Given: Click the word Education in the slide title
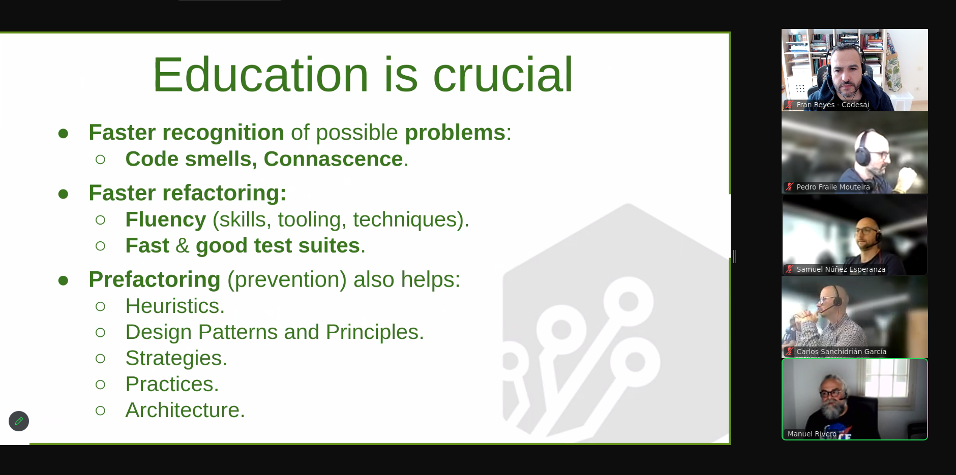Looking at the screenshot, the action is pyautogui.click(x=260, y=75).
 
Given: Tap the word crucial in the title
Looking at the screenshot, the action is pyautogui.click(x=503, y=75).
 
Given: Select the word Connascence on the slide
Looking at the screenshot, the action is pyautogui.click(x=333, y=159).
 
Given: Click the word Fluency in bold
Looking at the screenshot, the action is pyautogui.click(x=166, y=220).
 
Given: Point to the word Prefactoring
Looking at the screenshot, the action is pyautogui.click(x=155, y=279).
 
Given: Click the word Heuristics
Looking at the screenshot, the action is pyautogui.click(x=175, y=306).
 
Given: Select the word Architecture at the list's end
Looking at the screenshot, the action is pyautogui.click(x=185, y=410).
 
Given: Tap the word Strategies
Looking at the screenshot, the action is pyautogui.click(x=176, y=358).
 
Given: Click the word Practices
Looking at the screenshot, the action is pyautogui.click(x=172, y=384).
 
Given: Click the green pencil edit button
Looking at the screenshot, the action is pyautogui.click(x=19, y=421).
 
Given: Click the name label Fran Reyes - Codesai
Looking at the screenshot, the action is pyautogui.click(x=833, y=105).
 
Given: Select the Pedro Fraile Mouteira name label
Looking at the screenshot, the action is pyautogui.click(x=833, y=187).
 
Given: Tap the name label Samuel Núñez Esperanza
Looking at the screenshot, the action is pyautogui.click(x=841, y=269).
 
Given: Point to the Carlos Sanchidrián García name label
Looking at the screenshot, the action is pyautogui.click(x=842, y=352).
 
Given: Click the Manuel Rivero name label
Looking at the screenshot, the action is pyautogui.click(x=812, y=434).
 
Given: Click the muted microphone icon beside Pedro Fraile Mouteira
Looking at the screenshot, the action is pyautogui.click(x=789, y=187).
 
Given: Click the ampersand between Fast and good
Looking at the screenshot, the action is pyautogui.click(x=182, y=246).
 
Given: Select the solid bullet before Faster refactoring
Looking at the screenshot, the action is pyautogui.click(x=64, y=194).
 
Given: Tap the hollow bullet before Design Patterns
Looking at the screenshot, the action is pyautogui.click(x=100, y=332).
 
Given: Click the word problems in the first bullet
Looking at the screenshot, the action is pyautogui.click(x=455, y=133).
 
